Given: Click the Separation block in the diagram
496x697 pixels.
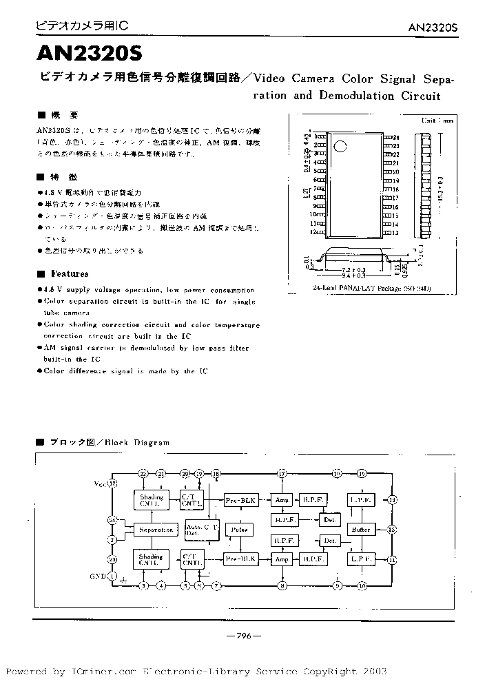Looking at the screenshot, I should click(x=156, y=530).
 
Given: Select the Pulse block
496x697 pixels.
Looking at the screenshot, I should click(x=240, y=530).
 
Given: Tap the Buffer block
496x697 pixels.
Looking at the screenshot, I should click(x=362, y=530).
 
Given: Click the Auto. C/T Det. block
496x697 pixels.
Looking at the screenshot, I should click(x=202, y=530).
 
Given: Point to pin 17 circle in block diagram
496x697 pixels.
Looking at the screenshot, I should click(x=282, y=474).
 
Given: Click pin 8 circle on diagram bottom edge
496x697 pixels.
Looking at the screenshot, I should click(x=282, y=586).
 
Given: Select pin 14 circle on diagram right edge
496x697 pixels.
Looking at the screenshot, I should click(x=392, y=500).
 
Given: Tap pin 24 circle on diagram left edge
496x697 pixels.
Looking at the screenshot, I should click(x=112, y=520).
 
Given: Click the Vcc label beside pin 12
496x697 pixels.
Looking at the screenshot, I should click(x=101, y=484).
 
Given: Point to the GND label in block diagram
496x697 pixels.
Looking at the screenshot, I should click(x=99, y=576).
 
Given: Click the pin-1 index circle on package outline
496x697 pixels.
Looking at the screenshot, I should click(x=340, y=145).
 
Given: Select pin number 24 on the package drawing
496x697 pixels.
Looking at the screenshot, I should click(x=396, y=138).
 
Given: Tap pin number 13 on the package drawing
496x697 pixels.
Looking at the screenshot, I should click(x=396, y=232).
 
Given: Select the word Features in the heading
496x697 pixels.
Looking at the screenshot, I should click(x=70, y=273).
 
